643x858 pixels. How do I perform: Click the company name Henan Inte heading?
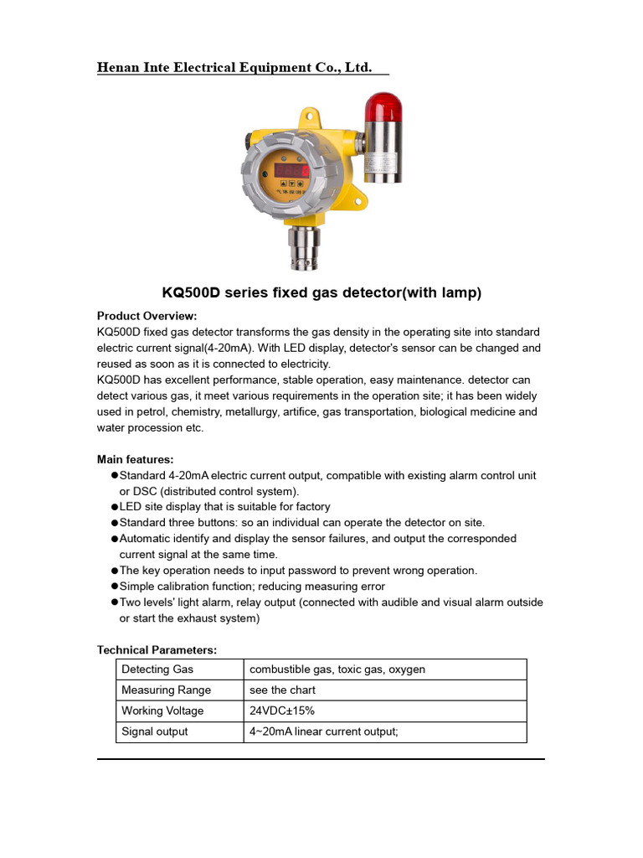tap(234, 67)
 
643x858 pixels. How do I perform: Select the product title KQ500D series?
tap(321, 293)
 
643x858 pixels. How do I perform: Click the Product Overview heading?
tap(147, 316)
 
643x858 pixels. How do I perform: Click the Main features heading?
tap(136, 459)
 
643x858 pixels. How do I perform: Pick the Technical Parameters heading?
tap(157, 649)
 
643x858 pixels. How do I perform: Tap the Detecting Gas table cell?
tap(157, 669)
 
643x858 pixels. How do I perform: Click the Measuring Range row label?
tap(166, 690)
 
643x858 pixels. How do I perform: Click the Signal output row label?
tap(154, 731)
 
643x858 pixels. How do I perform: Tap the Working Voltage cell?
tap(162, 711)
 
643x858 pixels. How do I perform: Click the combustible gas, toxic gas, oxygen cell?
tap(337, 669)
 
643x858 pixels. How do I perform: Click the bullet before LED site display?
tap(115, 507)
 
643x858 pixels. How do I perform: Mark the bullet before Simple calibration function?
tap(115, 587)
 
